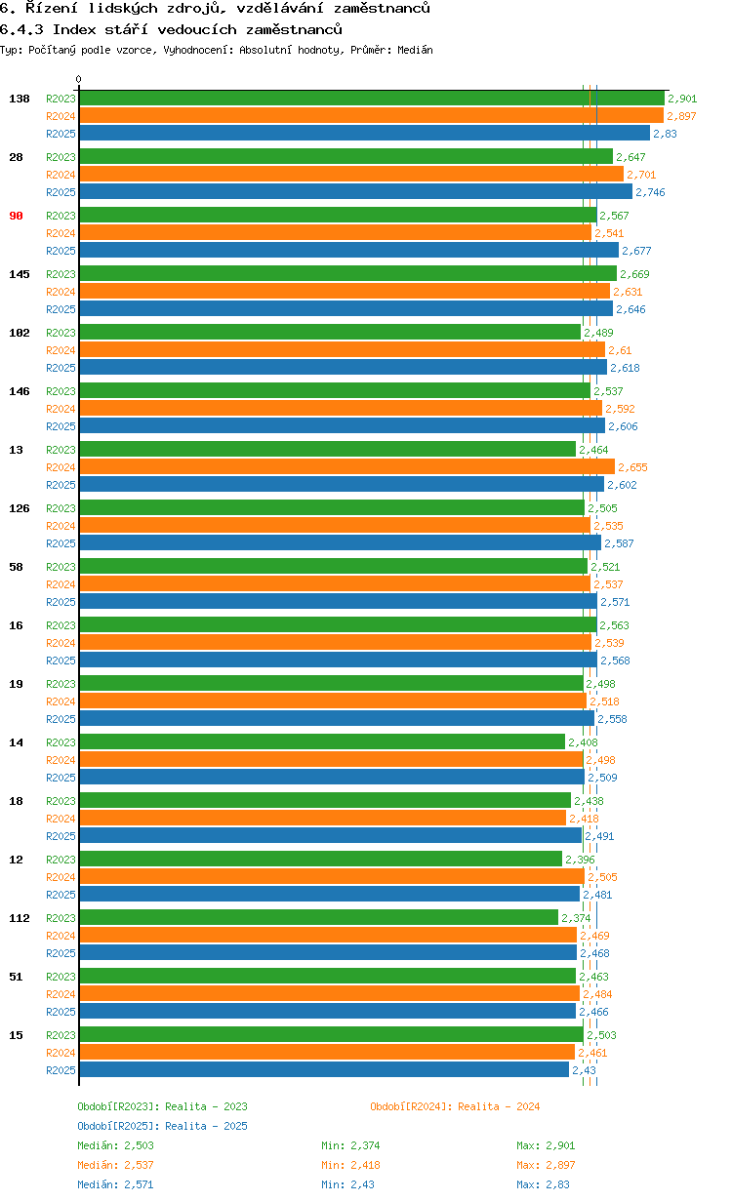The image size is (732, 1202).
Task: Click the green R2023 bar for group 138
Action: pos(371,98)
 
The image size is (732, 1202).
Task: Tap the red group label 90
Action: pos(16,216)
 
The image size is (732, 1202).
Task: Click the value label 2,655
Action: pos(632,467)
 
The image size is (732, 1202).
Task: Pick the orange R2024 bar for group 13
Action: pos(346,466)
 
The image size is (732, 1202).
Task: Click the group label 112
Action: pos(20,918)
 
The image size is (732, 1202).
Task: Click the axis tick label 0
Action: pos(79,80)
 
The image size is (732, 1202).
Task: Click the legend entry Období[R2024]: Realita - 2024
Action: pos(455,1106)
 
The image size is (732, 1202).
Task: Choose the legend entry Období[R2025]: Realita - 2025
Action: pos(162,1126)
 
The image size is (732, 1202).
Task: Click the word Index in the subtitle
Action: pos(70,29)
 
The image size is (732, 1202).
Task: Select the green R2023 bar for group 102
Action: pos(330,332)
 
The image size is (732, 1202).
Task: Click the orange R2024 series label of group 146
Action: pos(61,409)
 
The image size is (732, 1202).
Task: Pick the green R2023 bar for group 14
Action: pos(322,741)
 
